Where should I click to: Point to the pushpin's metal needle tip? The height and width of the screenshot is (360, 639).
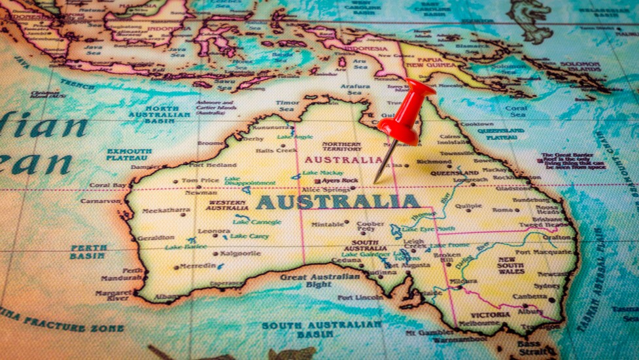coord(375,182)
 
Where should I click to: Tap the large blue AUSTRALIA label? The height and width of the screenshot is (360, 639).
coord(337,202)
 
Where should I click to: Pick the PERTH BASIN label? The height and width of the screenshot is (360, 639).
coord(88,252)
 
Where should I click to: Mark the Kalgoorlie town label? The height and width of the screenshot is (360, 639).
coord(240,253)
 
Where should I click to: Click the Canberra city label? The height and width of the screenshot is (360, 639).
coord(529,296)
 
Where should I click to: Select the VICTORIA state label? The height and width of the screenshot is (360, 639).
coord(490,314)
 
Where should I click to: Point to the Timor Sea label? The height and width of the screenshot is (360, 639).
coord(288,106)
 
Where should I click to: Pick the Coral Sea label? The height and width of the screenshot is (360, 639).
coord(515,111)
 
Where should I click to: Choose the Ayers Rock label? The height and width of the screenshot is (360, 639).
coord(340,180)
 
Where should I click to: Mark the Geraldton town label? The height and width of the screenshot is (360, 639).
coord(156,238)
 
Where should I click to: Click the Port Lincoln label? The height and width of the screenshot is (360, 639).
coord(360,297)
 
